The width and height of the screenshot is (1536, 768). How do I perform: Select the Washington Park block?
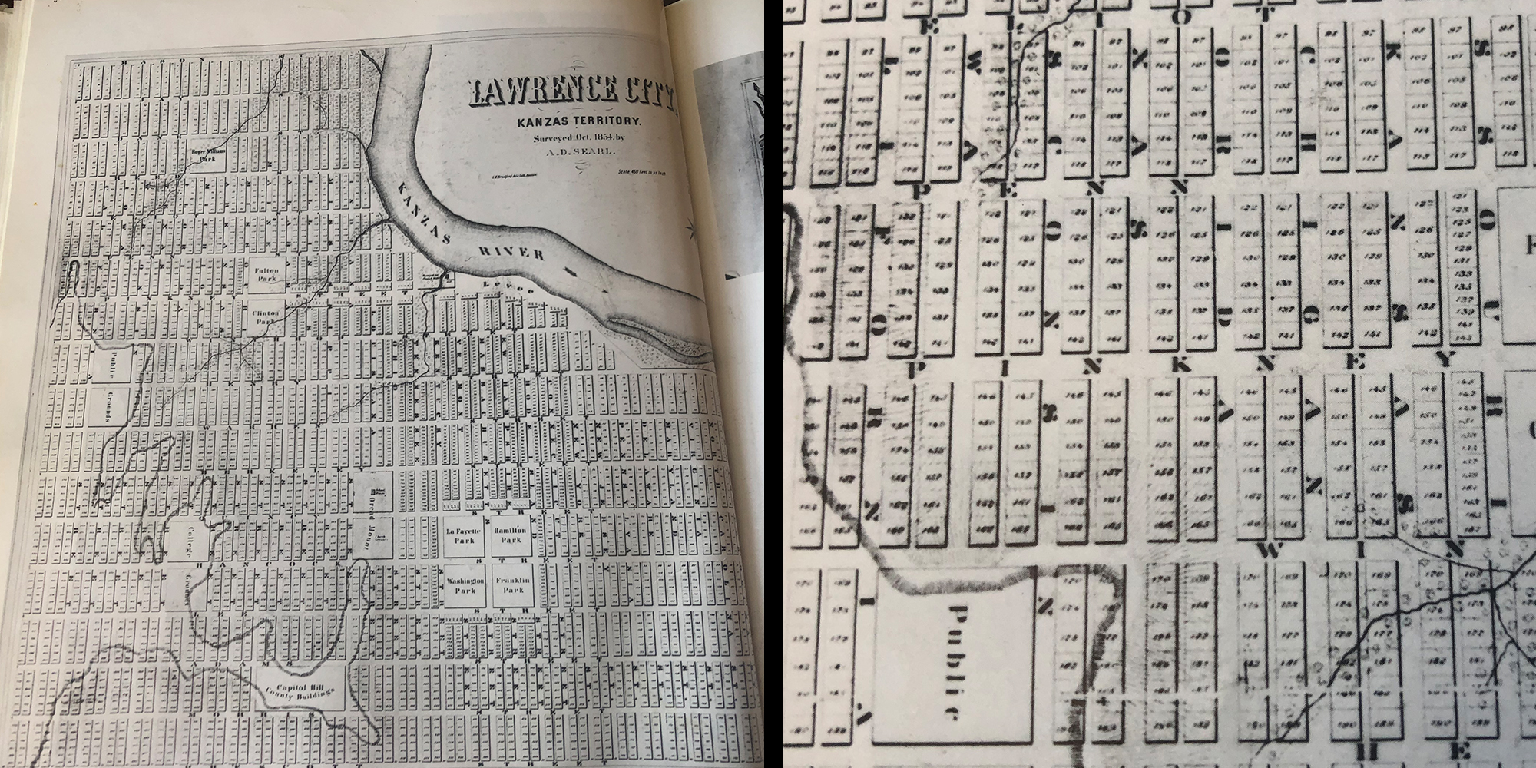(x=465, y=586)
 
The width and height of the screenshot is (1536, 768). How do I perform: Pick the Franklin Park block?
(x=512, y=586)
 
